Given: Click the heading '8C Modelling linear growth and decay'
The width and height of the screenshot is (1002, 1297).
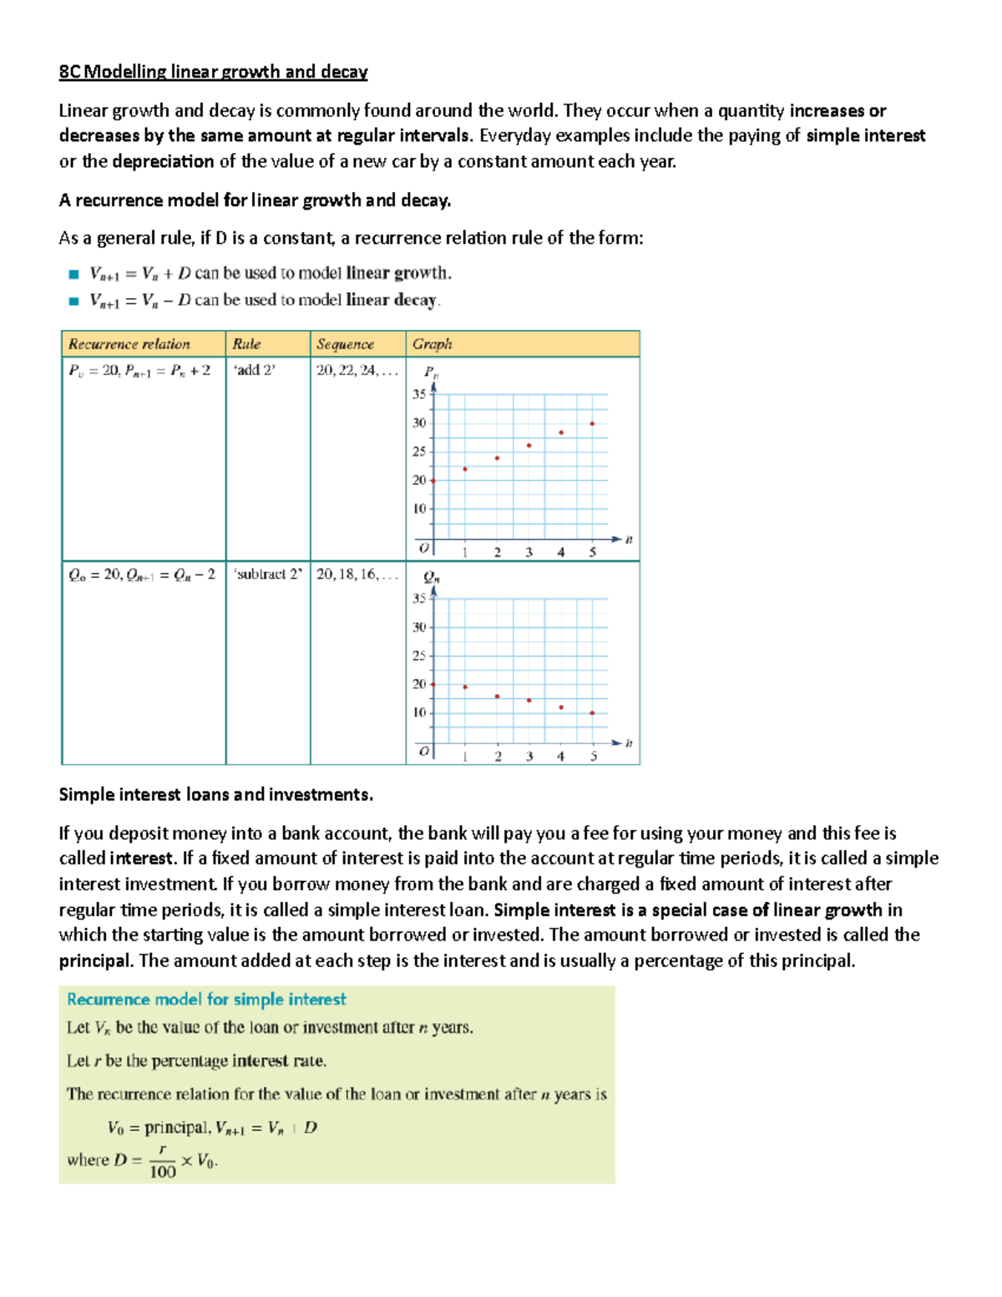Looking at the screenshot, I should coord(213,72).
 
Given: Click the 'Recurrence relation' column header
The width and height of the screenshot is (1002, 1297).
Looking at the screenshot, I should coord(129,344).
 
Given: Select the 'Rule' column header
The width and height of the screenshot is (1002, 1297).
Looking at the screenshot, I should coord(247,344).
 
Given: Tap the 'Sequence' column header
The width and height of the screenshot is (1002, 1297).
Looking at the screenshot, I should coord(345,344).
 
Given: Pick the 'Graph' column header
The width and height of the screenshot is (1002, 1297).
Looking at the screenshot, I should coord(432,344).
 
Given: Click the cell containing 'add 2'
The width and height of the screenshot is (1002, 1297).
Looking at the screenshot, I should coord(255,370).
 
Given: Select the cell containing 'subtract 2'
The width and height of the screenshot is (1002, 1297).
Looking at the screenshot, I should coord(268,575).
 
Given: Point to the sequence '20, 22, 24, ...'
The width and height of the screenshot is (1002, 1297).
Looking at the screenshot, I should coord(357,370).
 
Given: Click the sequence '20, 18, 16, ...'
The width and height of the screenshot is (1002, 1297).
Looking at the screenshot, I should coord(357,575).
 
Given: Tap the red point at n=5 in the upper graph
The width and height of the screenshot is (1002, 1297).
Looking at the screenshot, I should coord(592,423).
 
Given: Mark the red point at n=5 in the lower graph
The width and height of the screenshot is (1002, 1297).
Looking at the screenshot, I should coord(592,712).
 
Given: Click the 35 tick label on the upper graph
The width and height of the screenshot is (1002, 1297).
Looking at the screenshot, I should coord(419,394).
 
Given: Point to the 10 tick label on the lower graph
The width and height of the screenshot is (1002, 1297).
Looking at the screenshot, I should coord(419,712).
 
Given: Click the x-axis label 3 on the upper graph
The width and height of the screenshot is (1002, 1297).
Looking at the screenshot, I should coord(529,552).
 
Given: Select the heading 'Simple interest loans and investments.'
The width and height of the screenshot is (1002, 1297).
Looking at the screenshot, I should coord(215,794).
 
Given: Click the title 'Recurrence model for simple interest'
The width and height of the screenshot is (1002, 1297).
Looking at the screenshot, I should coord(206,999).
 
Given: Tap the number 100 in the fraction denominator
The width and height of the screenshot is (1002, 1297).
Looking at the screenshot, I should coord(163,1172).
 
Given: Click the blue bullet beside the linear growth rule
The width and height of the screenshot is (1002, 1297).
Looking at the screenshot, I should coord(73,274).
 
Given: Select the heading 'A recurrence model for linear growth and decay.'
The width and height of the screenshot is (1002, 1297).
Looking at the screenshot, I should coord(255,200).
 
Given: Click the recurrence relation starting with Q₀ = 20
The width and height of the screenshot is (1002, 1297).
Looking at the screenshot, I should coord(142,575).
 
